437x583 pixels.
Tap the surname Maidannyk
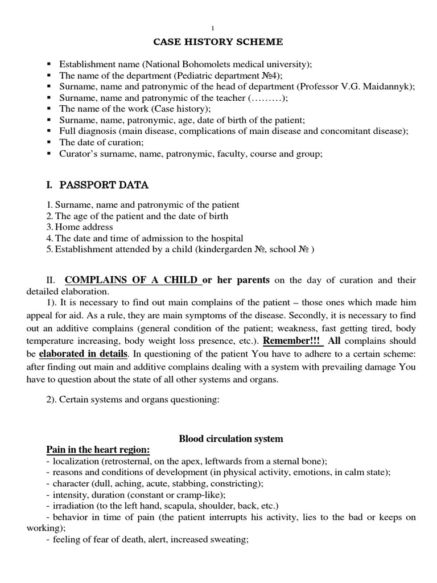(390, 86)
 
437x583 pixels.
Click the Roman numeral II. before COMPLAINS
(51, 280)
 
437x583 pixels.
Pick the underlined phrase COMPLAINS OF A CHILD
(133, 280)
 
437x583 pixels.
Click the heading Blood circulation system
(223, 438)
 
